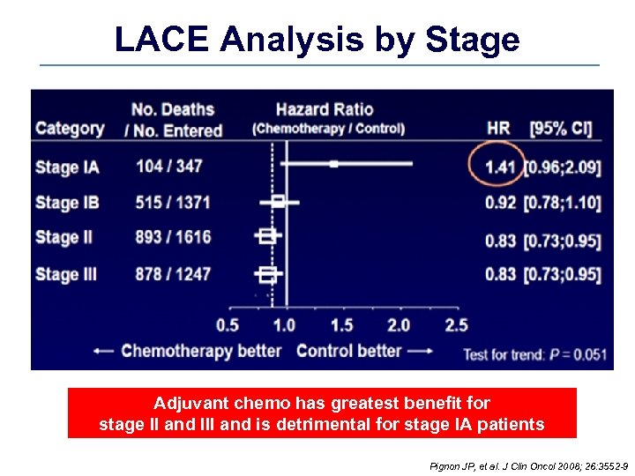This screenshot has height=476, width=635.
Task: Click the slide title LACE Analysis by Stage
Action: [317, 40]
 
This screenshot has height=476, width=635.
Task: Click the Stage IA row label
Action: [67, 167]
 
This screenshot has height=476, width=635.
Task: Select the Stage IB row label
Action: [67, 202]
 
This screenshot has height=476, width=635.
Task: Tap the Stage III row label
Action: [66, 274]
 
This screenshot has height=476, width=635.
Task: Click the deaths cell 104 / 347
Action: [169, 167]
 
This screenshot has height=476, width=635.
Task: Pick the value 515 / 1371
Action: [173, 202]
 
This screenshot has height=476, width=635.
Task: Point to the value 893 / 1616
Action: [173, 237]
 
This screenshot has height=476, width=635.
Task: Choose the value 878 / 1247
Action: [173, 274]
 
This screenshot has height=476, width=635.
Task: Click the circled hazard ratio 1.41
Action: [500, 167]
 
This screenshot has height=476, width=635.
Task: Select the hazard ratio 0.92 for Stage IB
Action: [500, 203]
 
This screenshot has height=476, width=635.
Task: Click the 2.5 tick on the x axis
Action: [456, 325]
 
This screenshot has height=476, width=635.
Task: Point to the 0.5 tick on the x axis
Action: [228, 325]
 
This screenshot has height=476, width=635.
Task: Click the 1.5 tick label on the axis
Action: [341, 325]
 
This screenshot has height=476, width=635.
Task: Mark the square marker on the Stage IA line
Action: [333, 163]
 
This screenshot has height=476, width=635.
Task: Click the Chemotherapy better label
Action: [201, 351]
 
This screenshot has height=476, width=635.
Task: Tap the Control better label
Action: [348, 351]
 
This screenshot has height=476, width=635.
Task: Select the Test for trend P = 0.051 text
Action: [535, 354]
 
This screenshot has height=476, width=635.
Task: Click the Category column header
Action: [70, 129]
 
